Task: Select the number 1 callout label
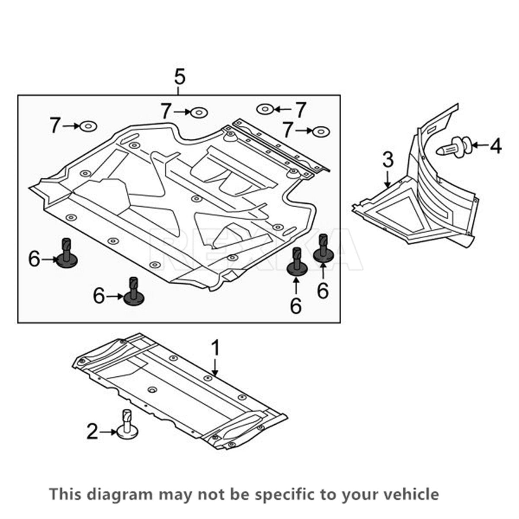215,349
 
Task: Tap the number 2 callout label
92,432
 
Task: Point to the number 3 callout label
388,160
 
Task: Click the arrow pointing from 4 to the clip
478,145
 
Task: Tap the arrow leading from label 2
108,432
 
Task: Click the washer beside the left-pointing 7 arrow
264,109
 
